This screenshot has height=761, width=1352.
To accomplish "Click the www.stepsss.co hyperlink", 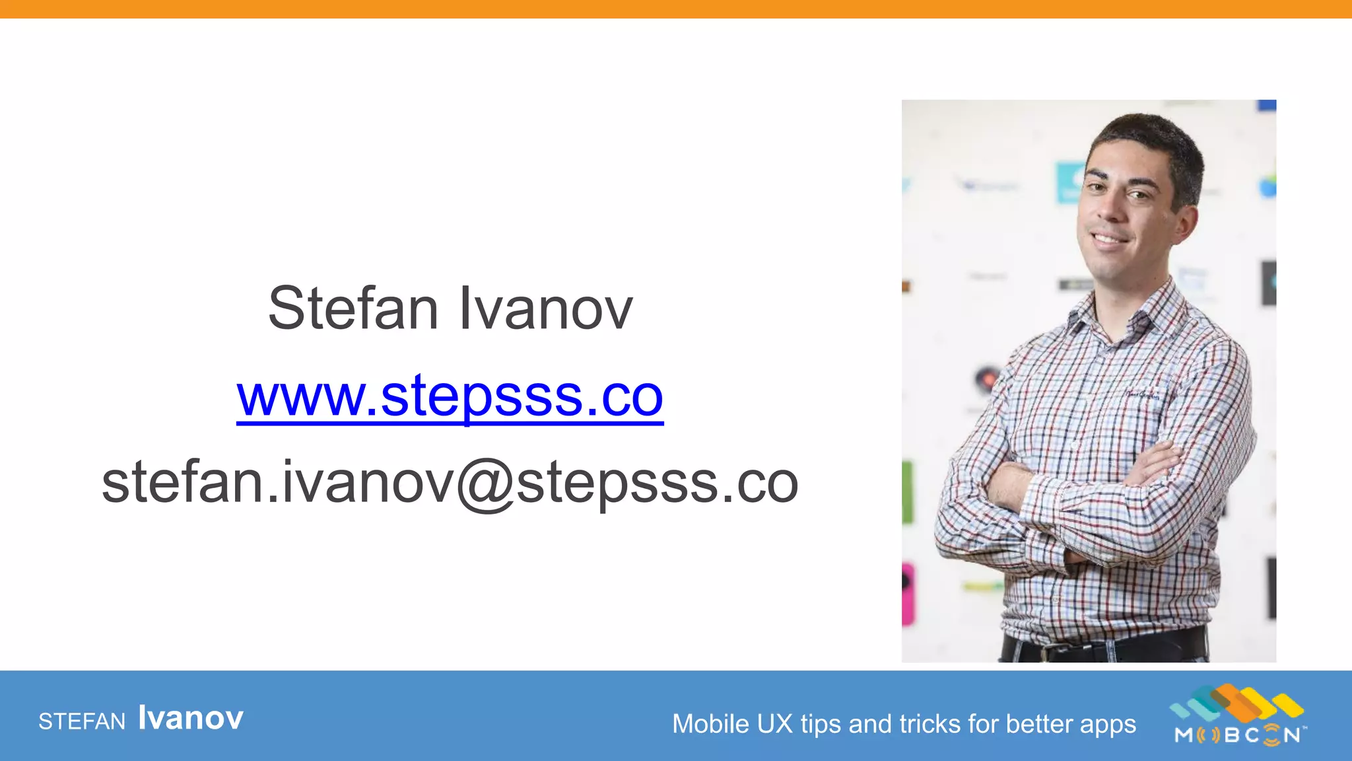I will tap(450, 396).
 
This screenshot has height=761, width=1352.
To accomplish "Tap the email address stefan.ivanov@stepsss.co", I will tap(450, 483).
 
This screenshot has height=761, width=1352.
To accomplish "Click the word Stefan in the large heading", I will tap(353, 308).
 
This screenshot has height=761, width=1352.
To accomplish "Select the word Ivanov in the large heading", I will tap(545, 308).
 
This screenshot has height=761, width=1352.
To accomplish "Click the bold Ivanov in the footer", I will tap(191, 718).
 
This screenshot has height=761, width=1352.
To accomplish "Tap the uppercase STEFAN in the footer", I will tap(82, 721).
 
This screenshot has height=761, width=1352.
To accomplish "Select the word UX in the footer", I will tap(775, 724).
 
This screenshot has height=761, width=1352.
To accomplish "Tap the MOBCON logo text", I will tap(1238, 735).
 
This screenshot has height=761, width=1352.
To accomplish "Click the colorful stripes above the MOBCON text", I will tap(1236, 702).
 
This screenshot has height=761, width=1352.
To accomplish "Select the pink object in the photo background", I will tap(908, 595).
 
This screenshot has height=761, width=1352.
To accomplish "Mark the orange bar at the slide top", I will tap(676, 9).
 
